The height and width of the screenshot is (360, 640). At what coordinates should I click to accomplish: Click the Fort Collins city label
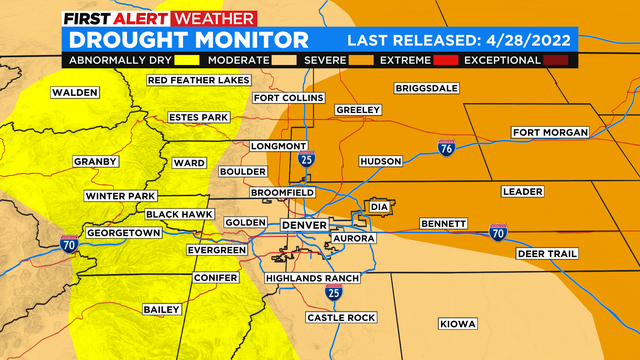coord(289,98)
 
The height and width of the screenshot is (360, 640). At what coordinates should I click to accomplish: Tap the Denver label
coord(304,225)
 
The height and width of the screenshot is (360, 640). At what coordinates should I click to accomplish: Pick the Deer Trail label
coord(547,254)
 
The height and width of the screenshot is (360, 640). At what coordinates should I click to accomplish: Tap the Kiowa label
coord(459,323)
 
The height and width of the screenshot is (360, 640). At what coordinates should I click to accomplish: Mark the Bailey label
coord(161,310)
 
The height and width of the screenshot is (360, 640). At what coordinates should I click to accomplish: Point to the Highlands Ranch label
coord(305,277)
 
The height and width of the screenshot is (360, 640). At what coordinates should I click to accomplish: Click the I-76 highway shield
coord(446,149)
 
